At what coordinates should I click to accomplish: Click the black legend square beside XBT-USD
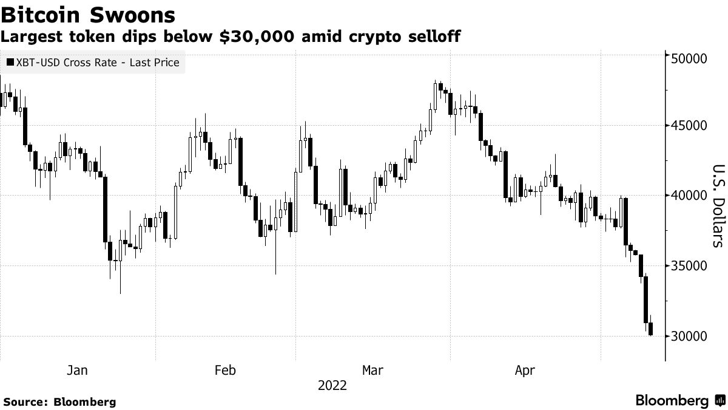(10, 62)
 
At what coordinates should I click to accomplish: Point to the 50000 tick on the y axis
(689, 58)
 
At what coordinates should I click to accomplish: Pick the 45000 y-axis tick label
(689, 126)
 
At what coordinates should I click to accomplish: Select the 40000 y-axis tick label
(689, 196)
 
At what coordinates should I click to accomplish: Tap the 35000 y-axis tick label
(689, 266)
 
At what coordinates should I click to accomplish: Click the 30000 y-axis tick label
(689, 336)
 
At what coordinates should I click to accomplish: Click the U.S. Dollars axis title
(717, 206)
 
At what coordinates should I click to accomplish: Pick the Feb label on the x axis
(225, 370)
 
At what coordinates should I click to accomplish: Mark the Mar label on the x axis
(372, 370)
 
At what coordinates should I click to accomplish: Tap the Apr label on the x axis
(524, 370)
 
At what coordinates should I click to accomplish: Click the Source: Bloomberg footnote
(59, 401)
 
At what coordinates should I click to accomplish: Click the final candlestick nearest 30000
(651, 329)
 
